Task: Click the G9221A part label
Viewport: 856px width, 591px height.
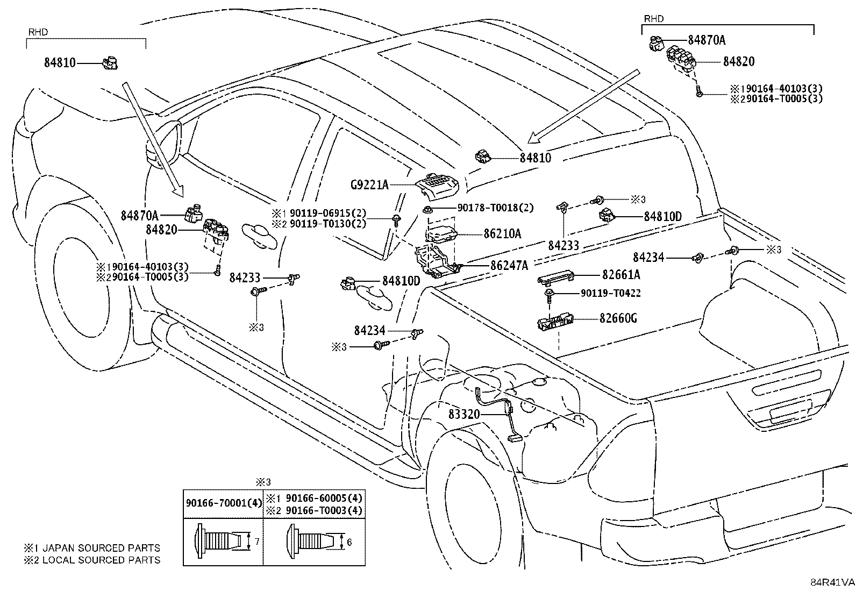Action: coord(369,185)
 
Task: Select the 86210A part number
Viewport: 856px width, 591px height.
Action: coord(502,233)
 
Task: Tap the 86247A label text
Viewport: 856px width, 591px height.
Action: coord(509,265)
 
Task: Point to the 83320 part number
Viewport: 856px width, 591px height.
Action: coord(464,414)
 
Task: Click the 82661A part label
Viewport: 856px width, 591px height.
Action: coord(621,274)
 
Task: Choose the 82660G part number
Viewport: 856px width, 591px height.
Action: coord(618,318)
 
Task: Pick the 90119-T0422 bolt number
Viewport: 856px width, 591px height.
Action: coord(611,293)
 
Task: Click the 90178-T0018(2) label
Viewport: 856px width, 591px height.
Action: coord(495,208)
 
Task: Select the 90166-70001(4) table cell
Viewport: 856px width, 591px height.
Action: coord(224,503)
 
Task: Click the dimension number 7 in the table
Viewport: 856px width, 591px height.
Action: coord(257,542)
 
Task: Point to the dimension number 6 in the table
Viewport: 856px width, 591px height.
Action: coord(349,542)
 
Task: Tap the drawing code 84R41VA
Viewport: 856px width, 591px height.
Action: coord(832,582)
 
